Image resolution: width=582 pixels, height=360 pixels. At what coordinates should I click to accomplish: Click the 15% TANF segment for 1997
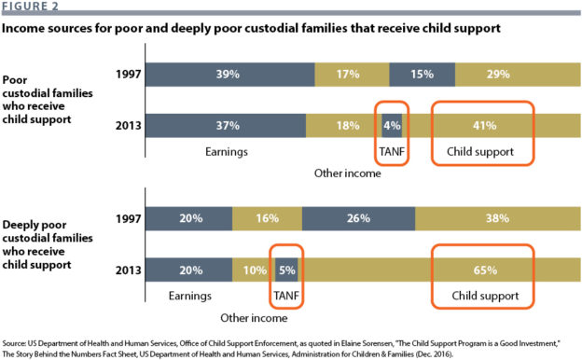pyautogui.click(x=422, y=74)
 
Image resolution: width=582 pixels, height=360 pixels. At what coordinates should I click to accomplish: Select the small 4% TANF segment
pyautogui.click(x=392, y=125)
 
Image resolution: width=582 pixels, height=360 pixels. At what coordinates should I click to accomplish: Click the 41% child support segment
pyautogui.click(x=483, y=125)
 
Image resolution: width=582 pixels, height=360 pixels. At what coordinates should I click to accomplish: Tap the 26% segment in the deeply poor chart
pyautogui.click(x=359, y=218)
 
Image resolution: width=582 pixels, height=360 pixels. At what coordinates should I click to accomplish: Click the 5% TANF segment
pyautogui.click(x=287, y=270)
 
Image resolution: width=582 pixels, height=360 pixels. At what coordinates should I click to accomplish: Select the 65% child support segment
pyautogui.click(x=482, y=270)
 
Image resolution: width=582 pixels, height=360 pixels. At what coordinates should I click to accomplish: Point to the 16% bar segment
pyautogui.click(x=266, y=218)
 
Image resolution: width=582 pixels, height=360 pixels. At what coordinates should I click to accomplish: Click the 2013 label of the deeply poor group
pyautogui.click(x=128, y=270)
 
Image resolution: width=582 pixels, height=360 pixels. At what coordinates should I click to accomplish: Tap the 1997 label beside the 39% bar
pyautogui.click(x=128, y=74)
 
